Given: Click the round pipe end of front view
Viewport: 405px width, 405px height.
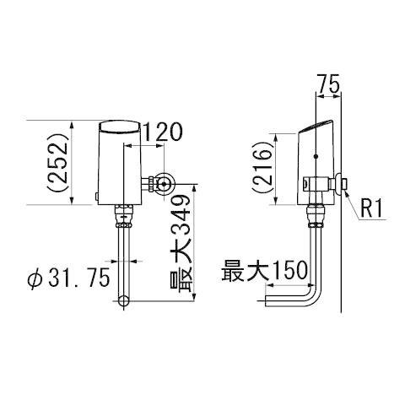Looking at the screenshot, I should point(124,300).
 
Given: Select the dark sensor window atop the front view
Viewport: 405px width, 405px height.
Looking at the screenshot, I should point(123,128).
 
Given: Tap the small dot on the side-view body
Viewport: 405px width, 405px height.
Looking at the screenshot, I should point(314,157).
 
